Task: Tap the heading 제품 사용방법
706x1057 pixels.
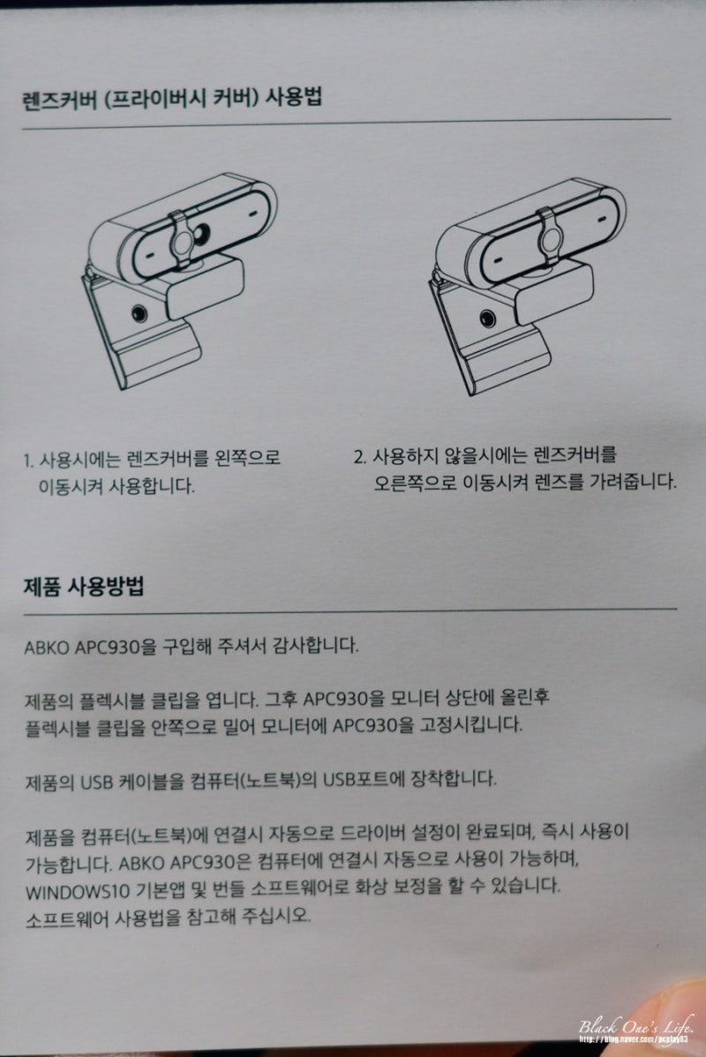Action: point(85,586)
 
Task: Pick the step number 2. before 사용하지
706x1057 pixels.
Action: point(359,457)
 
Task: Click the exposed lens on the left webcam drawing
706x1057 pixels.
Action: point(202,233)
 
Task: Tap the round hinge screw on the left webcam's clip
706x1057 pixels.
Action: point(139,314)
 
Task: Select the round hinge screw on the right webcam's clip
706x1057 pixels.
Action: point(487,319)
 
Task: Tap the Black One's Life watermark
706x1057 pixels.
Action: point(637,1027)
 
